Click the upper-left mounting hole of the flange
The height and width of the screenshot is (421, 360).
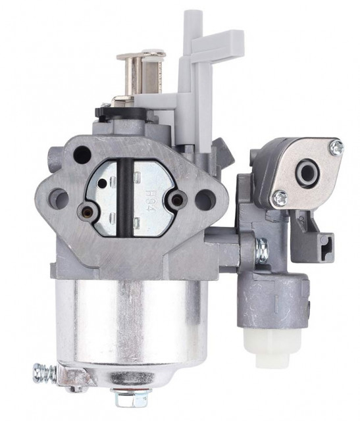82,155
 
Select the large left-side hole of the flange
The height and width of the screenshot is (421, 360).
59,197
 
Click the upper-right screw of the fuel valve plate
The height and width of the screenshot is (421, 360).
336,149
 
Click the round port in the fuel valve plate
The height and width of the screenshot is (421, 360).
306,172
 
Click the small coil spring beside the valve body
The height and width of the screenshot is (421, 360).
261,248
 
